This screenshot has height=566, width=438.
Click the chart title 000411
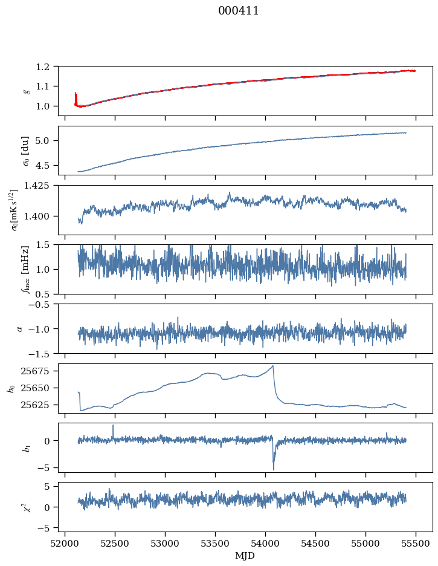click(239, 11)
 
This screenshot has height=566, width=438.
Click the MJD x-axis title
click(245, 556)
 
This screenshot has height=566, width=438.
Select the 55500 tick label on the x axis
click(415, 544)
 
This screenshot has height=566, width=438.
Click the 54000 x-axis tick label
click(265, 544)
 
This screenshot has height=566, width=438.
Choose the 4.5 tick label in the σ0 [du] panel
click(47, 165)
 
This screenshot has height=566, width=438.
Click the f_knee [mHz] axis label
click(26, 269)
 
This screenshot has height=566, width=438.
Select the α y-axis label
click(20, 328)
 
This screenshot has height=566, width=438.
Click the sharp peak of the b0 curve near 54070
click(273, 366)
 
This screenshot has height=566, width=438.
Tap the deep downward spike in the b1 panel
click(273, 469)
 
